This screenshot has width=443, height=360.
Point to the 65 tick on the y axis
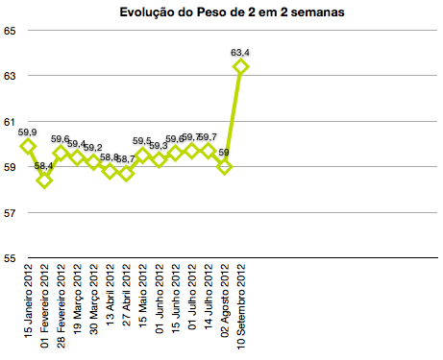point(10,31)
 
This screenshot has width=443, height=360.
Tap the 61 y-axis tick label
point(10,122)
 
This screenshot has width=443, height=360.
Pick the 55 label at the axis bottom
point(10,257)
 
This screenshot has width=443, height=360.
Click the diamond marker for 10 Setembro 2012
point(240,66)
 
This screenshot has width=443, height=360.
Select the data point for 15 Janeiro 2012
point(28,146)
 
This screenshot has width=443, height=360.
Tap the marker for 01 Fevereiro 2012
point(44,180)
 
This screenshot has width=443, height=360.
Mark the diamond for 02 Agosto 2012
point(224,166)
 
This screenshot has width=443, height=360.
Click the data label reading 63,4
point(240,52)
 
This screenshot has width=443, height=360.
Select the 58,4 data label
point(44,166)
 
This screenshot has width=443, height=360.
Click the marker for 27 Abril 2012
point(126,173)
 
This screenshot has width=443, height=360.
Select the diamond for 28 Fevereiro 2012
point(61,153)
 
